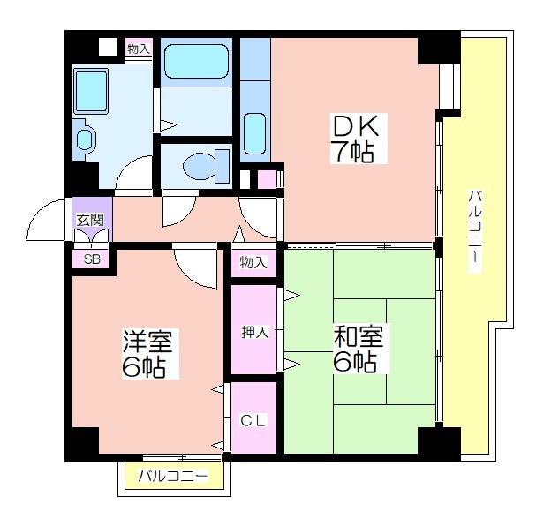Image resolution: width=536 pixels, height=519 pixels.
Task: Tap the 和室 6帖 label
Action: (x=358, y=349)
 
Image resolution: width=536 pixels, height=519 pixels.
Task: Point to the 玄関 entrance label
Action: (x=90, y=220)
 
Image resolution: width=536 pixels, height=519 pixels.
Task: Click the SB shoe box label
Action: (x=92, y=259)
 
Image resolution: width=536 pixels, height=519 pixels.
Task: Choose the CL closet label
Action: (x=253, y=420)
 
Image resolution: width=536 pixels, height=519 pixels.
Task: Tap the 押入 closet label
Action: (x=255, y=332)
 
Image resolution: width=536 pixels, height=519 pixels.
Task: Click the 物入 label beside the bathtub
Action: (x=139, y=49)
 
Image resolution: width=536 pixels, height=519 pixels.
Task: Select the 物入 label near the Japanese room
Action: (x=253, y=262)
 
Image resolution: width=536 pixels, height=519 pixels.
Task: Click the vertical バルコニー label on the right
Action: (x=474, y=231)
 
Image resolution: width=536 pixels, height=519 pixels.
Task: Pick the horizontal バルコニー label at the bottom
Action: (x=173, y=476)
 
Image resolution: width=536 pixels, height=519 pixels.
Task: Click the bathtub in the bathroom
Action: (x=196, y=62)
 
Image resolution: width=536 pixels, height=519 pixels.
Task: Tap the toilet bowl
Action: (x=199, y=166)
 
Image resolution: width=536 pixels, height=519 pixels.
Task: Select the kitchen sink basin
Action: (x=254, y=133)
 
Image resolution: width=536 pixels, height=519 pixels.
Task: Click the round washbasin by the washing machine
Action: (x=84, y=139)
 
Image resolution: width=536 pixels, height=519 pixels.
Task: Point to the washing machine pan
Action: (x=91, y=91)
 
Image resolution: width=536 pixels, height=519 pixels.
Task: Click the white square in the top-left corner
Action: (x=108, y=47)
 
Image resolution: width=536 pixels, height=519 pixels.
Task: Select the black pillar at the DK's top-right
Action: (x=439, y=48)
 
